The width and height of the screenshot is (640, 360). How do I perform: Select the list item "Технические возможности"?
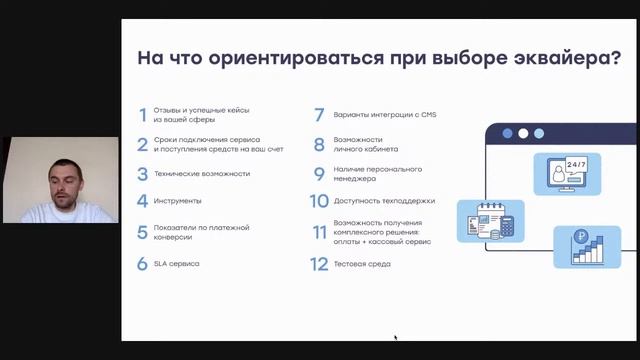click(x=201, y=173)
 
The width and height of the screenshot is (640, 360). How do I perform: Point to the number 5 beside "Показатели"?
click(x=142, y=232)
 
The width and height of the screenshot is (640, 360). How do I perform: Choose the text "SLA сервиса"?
click(x=176, y=264)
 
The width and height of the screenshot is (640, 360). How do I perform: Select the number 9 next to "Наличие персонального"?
click(x=319, y=173)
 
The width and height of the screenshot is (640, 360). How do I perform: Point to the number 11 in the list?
click(x=319, y=232)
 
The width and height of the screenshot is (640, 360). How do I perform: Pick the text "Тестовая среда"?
click(x=363, y=264)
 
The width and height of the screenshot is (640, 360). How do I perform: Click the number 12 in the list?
click(x=319, y=264)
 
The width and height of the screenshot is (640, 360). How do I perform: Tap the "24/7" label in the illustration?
click(x=576, y=163)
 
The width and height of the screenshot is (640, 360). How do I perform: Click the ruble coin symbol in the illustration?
click(x=581, y=237)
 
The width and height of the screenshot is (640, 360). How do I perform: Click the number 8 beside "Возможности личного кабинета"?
click(x=319, y=144)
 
